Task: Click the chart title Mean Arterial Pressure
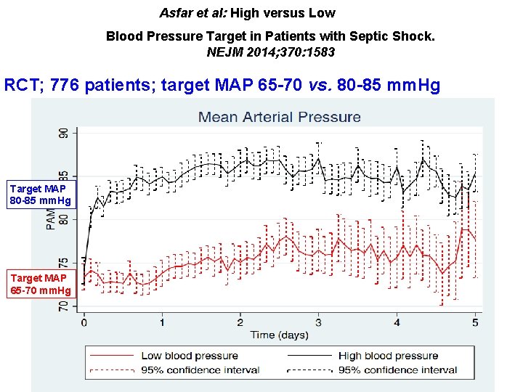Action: [280, 117]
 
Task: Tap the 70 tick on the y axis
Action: [63, 307]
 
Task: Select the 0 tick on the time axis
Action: [84, 322]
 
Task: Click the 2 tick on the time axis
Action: [240, 322]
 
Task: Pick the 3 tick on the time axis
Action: [318, 322]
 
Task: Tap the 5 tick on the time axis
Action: [475, 322]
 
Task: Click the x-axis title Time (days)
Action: [279, 335]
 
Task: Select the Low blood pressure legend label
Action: [190, 356]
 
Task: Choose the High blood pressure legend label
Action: [388, 356]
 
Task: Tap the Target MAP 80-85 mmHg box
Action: [41, 195]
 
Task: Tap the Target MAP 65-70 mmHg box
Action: [41, 284]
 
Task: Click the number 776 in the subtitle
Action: [99, 86]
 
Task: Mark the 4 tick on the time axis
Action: [397, 322]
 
